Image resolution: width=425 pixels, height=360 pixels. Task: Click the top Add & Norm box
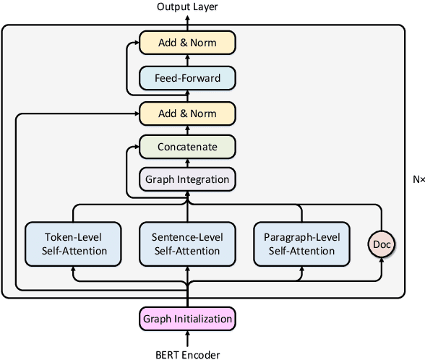[187, 43]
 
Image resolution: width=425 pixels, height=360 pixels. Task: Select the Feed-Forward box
[187, 77]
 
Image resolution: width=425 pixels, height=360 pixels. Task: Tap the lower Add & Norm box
[187, 113]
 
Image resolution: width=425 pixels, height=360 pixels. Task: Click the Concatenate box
[187, 147]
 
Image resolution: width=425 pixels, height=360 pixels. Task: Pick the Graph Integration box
[187, 179]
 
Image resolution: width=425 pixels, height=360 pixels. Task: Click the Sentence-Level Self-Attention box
[187, 244]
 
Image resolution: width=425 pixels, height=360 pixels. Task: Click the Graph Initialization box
[187, 318]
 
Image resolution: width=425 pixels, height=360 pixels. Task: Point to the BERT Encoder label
[187, 353]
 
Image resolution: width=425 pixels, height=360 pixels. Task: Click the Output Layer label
[187, 7]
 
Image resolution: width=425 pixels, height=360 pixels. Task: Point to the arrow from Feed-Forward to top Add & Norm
[187, 60]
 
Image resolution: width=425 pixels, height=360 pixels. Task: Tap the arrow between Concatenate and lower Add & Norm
[187, 129]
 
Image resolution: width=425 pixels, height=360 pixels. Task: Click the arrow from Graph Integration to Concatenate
[187, 163]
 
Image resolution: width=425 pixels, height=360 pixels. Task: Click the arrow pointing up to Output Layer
[187, 22]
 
